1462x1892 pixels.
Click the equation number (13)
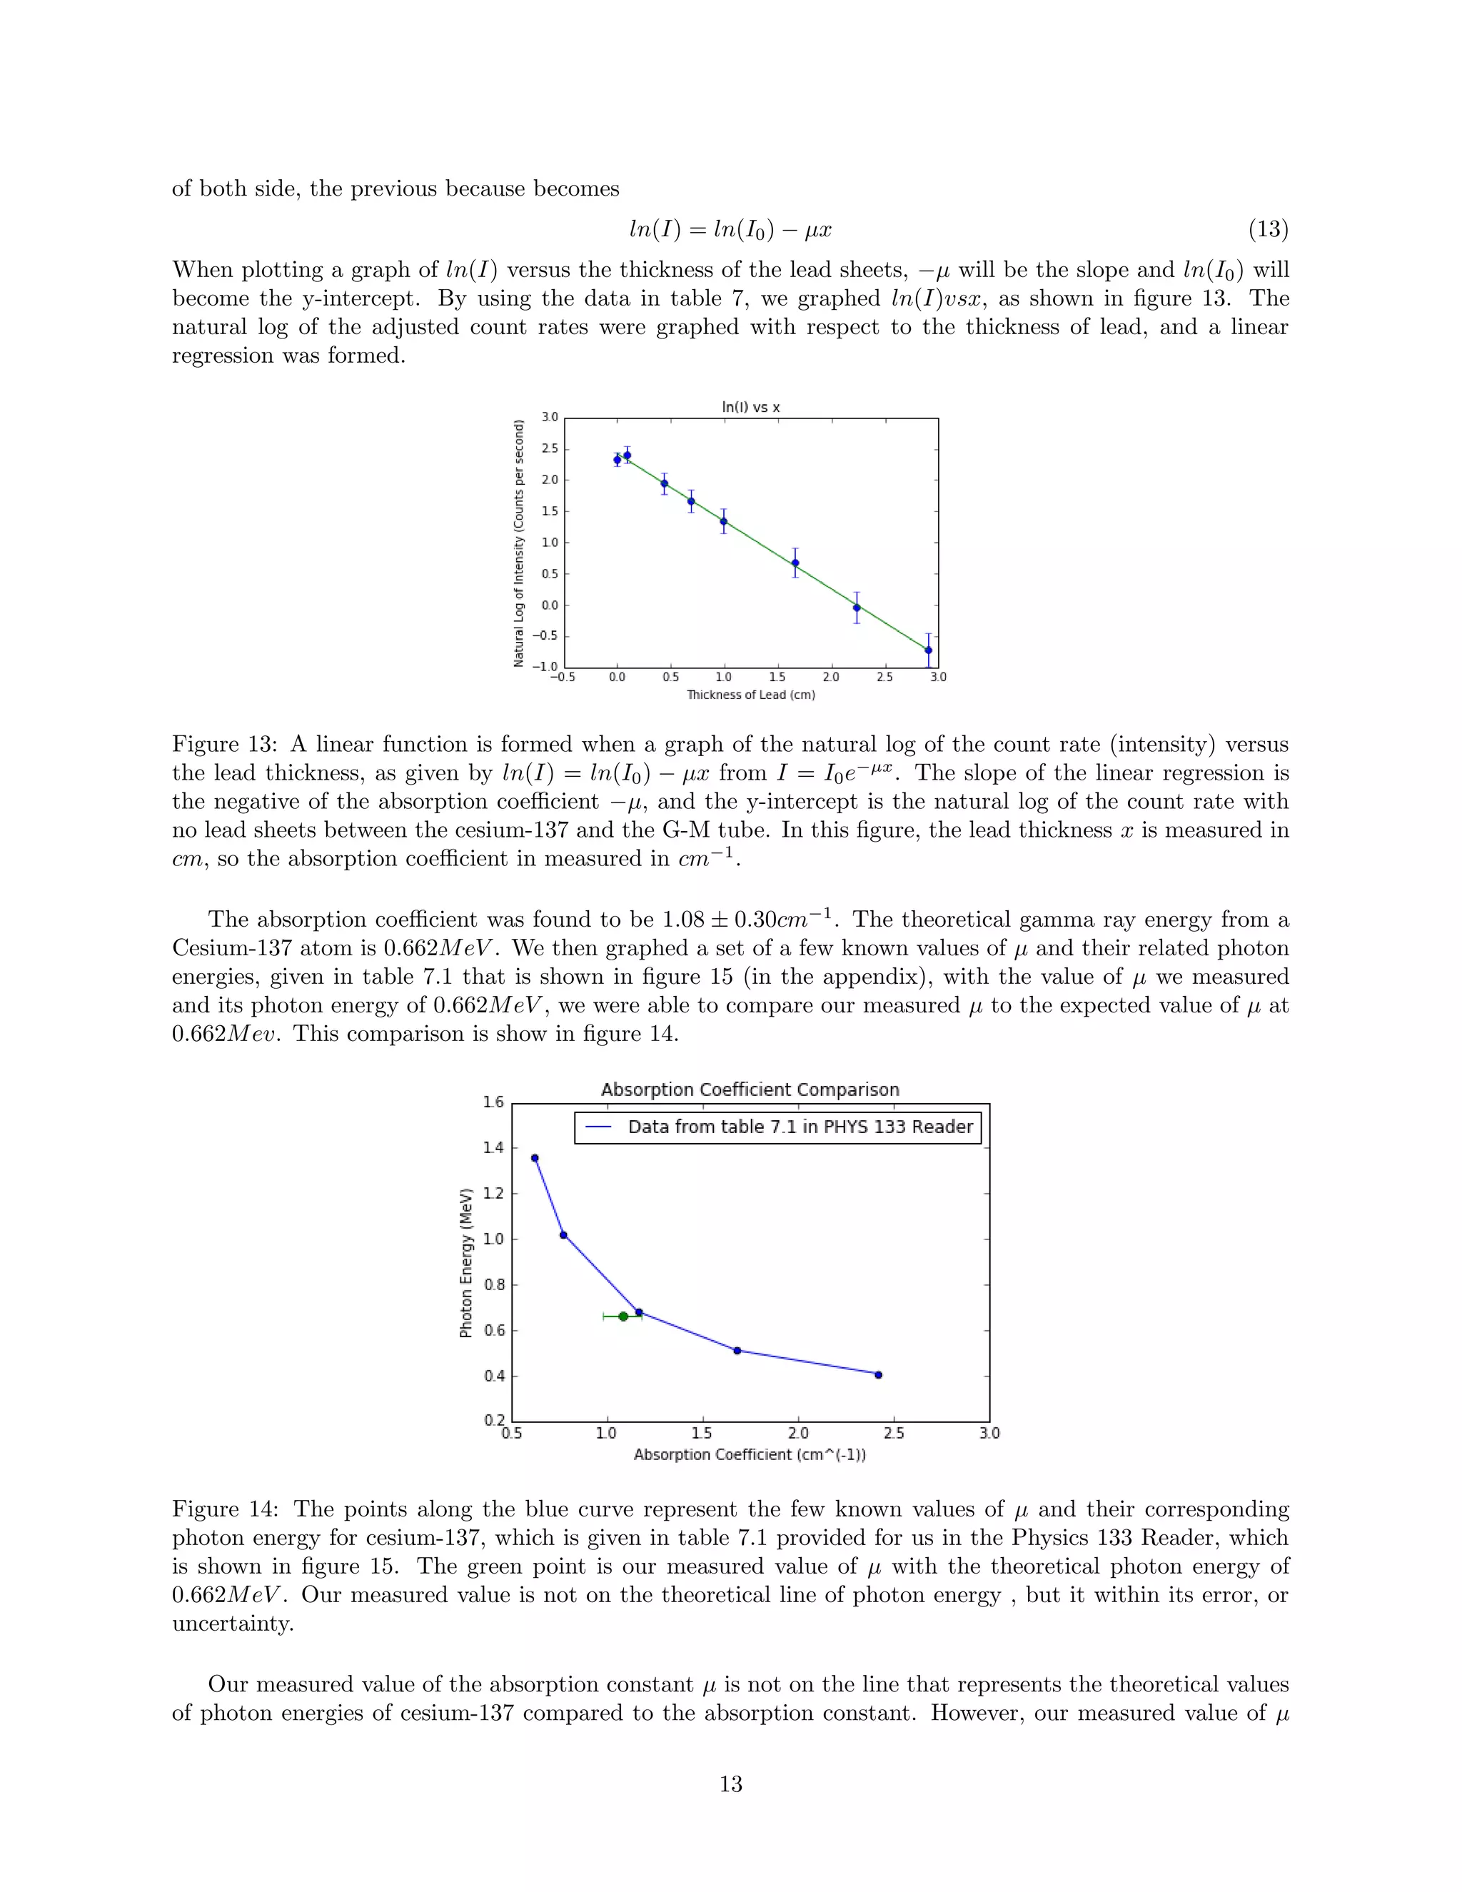(1267, 230)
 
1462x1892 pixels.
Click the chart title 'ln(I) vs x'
(751, 406)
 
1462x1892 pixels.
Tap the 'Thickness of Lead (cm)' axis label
(751, 695)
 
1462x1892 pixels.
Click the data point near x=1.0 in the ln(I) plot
(723, 521)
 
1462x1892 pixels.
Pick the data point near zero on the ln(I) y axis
(857, 608)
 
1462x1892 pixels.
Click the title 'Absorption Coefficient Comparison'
(750, 1090)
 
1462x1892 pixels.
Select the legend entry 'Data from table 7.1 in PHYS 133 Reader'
(800, 1127)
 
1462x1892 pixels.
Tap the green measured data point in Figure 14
(622, 1317)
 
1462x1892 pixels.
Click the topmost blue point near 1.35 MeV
(535, 1158)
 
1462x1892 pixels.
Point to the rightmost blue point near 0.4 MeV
(878, 1375)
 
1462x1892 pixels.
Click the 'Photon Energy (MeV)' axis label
(466, 1263)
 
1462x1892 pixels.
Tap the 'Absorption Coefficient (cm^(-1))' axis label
(750, 1454)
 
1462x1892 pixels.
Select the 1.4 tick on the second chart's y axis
(493, 1148)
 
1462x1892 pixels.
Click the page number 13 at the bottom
(730, 1783)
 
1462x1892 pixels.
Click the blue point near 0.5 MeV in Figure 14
(737, 1351)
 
